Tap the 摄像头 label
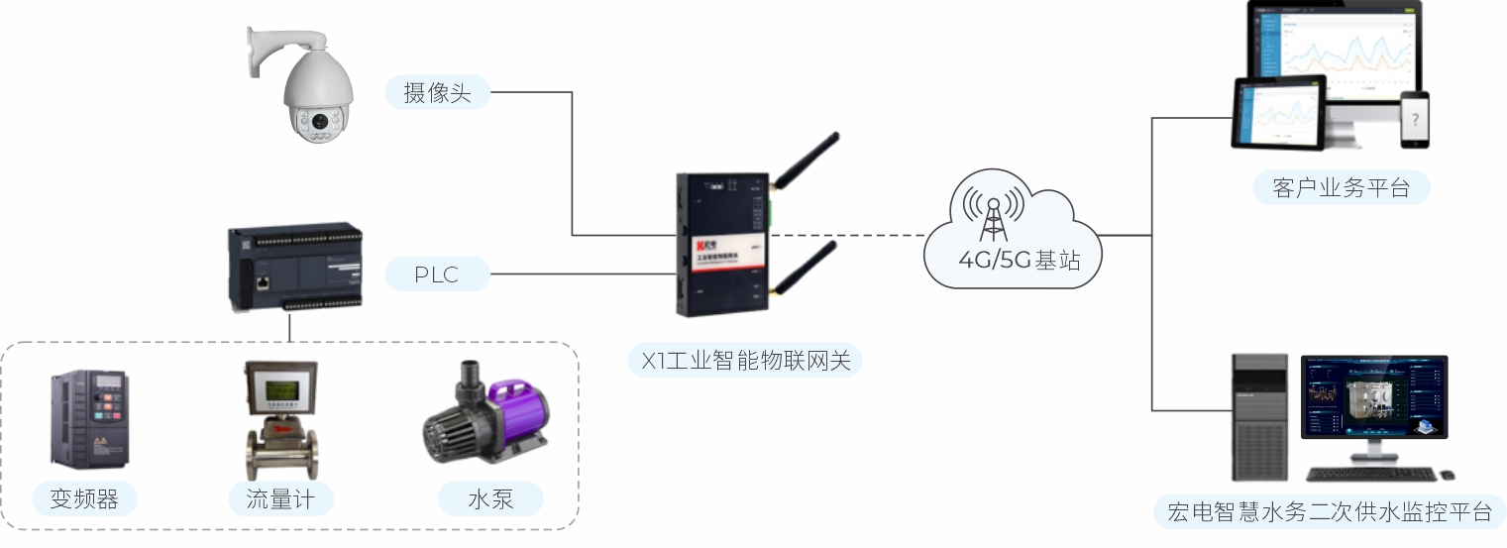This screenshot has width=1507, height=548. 437,93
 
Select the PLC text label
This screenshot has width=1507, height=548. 437,274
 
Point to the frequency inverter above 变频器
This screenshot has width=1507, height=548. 88,419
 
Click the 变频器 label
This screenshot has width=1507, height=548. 84,499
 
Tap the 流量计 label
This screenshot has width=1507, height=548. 280,499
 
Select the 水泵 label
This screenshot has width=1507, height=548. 490,499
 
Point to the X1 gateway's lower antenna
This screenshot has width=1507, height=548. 806,268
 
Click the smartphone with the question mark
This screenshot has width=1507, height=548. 1416,120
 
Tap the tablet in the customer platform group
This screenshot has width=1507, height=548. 1277,113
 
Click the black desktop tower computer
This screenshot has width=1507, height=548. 1259,416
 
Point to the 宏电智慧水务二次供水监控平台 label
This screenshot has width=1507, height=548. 1330,512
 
